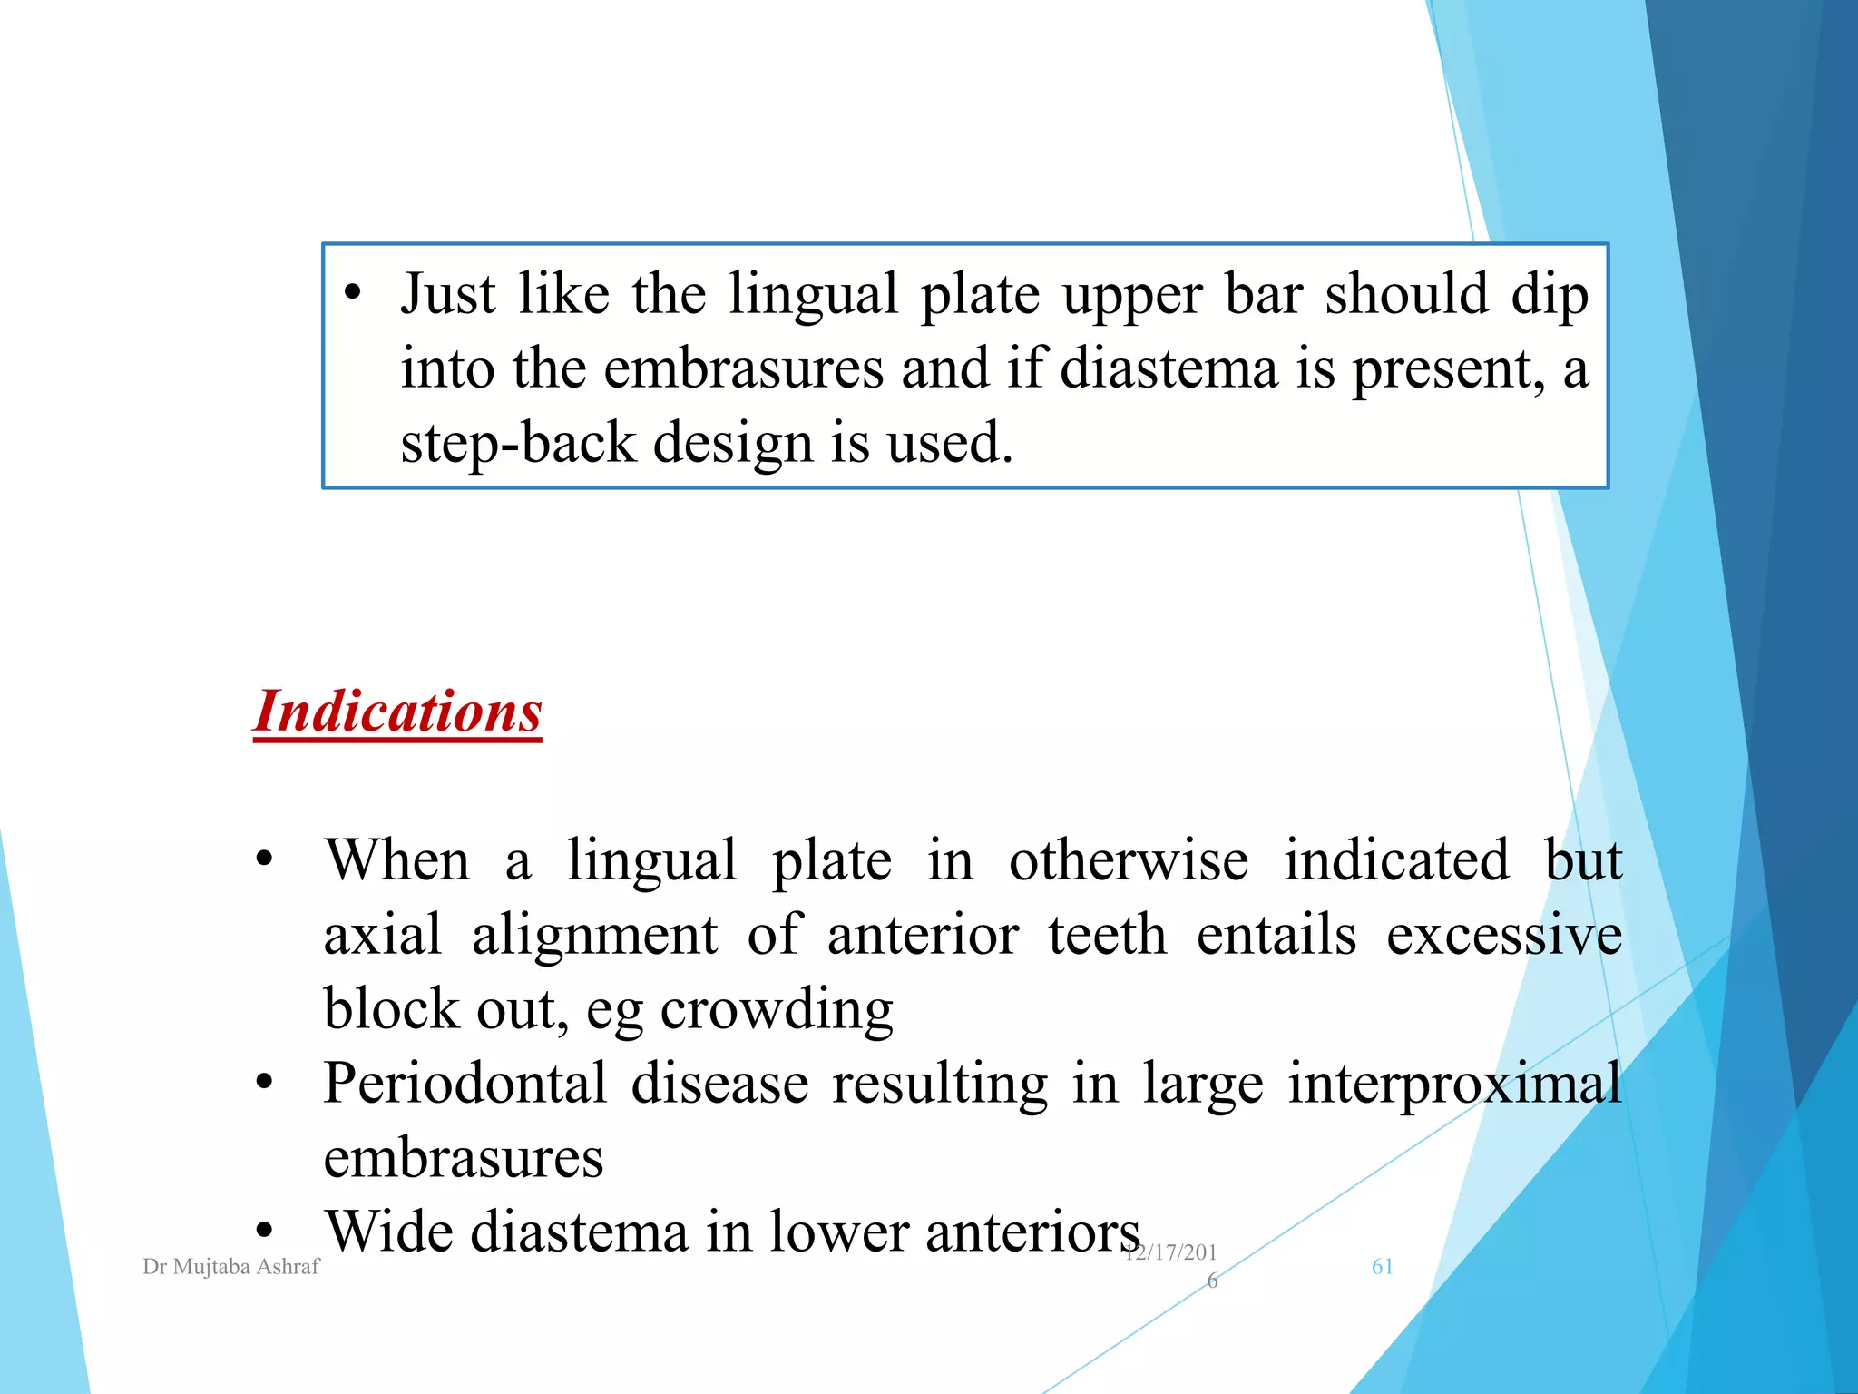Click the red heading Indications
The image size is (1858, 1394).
tap(397, 711)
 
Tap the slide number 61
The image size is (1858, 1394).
tap(1382, 1266)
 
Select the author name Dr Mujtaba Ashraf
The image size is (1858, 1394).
tap(231, 1266)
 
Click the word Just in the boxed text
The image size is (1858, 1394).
tap(448, 294)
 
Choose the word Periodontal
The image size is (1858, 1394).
tap(464, 1084)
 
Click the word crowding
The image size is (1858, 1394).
tap(777, 1009)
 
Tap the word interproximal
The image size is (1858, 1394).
tap(1454, 1084)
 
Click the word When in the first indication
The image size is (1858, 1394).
tap(397, 860)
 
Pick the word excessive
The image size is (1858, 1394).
tap(1503, 935)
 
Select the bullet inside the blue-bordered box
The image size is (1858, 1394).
tap(352, 292)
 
